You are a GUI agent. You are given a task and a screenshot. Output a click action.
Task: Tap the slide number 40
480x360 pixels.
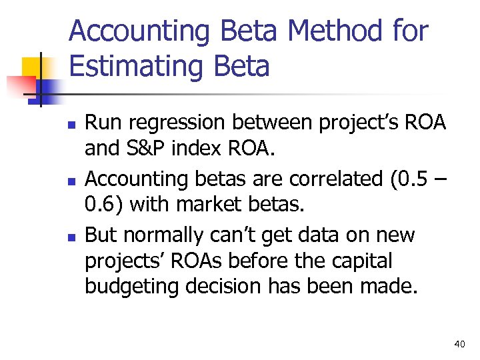(459, 344)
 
